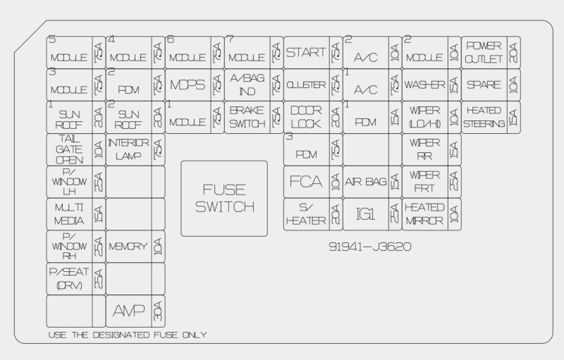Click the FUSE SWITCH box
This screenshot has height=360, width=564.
pos(224,198)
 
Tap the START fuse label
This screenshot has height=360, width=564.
pos(306,52)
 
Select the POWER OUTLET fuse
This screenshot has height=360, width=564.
pos(484,52)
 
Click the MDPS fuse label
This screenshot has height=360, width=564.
pos(188,85)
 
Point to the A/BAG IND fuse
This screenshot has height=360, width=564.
pos(247,85)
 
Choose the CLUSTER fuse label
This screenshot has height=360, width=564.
pos(306,85)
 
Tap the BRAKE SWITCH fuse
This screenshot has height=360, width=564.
pos(247,117)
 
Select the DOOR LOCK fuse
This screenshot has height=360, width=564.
pos(306,117)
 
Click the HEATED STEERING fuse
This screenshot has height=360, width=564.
pos(484,117)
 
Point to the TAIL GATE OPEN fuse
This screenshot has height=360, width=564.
pos(69,149)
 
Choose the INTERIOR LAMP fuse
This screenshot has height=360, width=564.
pos(128,149)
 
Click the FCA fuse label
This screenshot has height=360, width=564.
pos(306,182)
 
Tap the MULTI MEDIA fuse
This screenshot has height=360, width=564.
pos(69,214)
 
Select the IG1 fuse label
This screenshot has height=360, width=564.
pos(364,214)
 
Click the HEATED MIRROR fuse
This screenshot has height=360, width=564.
pos(424,214)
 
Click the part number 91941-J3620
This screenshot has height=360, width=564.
pos(369,247)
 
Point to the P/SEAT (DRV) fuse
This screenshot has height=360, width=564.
pos(69,278)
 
